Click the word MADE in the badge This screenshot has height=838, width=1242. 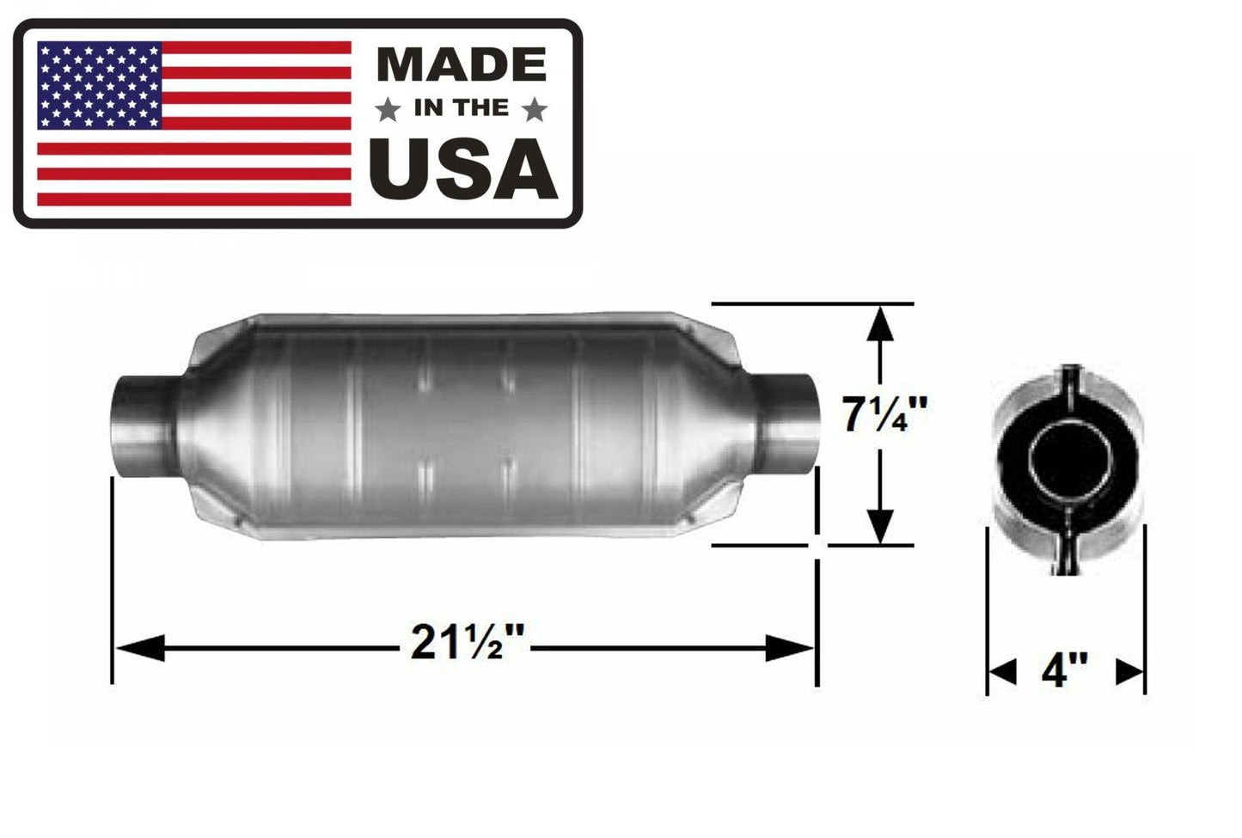click(x=462, y=65)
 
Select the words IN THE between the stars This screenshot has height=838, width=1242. click(x=462, y=109)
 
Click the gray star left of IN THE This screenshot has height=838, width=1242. click(x=389, y=109)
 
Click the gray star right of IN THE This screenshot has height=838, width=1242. click(x=534, y=109)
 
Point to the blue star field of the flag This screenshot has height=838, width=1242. click(x=100, y=85)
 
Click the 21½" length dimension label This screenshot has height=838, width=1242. click(x=467, y=644)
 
